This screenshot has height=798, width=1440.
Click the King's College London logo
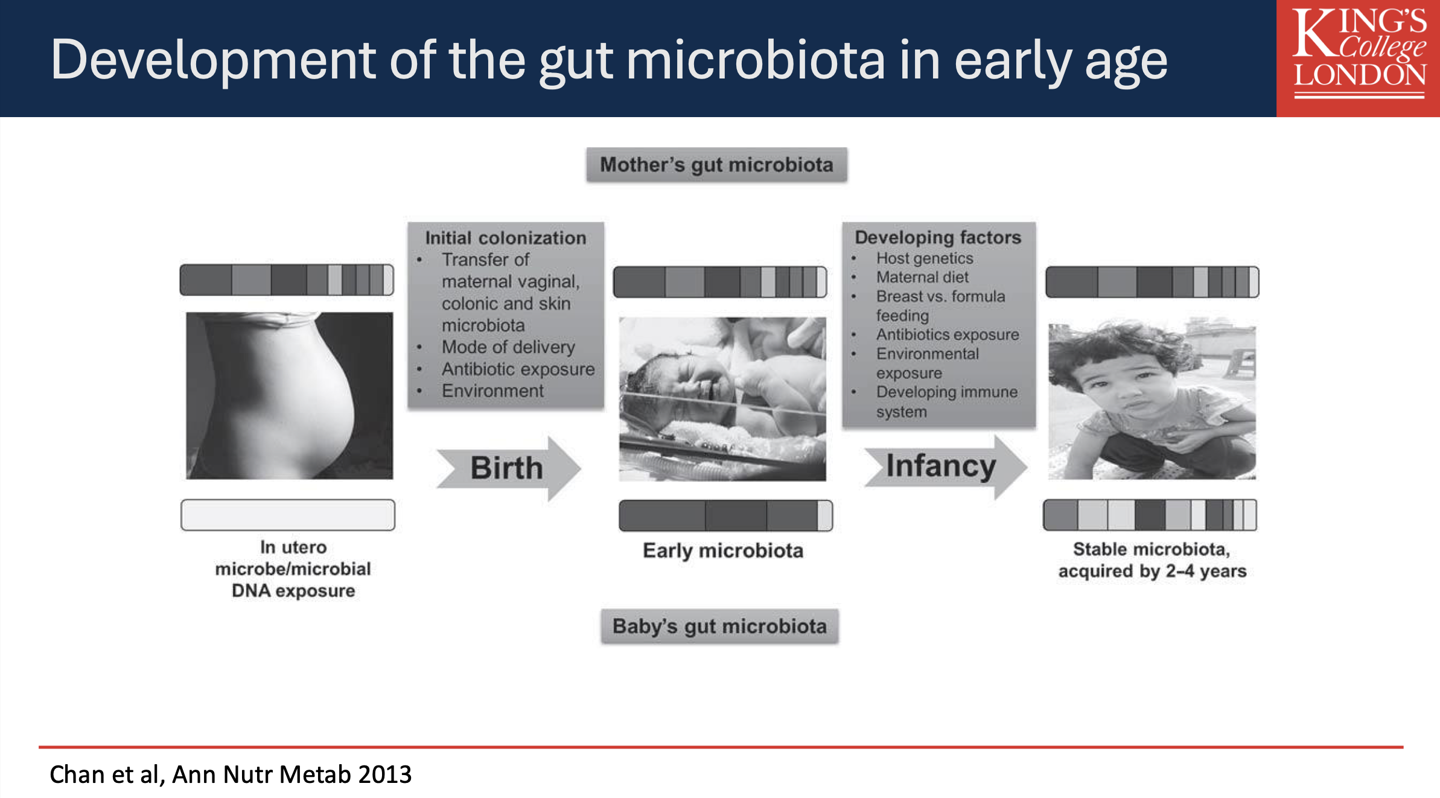click(1358, 58)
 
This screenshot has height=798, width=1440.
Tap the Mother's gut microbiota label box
click(716, 165)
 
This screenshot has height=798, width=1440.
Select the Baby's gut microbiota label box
click(719, 626)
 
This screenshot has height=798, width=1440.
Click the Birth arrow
click(508, 468)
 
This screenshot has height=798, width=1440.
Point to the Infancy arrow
click(946, 466)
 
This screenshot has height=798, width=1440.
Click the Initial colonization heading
click(506, 237)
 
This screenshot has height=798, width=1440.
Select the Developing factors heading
click(938, 237)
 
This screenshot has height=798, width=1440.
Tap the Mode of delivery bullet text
click(508, 347)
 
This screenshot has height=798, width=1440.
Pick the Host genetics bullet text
click(925, 258)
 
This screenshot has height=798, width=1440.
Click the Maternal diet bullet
click(922, 277)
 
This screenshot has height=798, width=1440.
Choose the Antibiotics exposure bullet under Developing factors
click(948, 334)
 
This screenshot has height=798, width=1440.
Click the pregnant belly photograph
click(289, 395)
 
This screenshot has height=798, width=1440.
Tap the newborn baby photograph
click(722, 399)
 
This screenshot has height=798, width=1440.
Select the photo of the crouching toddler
click(1152, 401)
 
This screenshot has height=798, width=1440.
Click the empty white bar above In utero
click(288, 515)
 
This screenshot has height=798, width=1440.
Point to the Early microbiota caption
click(723, 551)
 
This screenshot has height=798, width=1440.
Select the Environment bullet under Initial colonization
click(492, 391)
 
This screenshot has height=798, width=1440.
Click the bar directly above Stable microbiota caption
click(1150, 515)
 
